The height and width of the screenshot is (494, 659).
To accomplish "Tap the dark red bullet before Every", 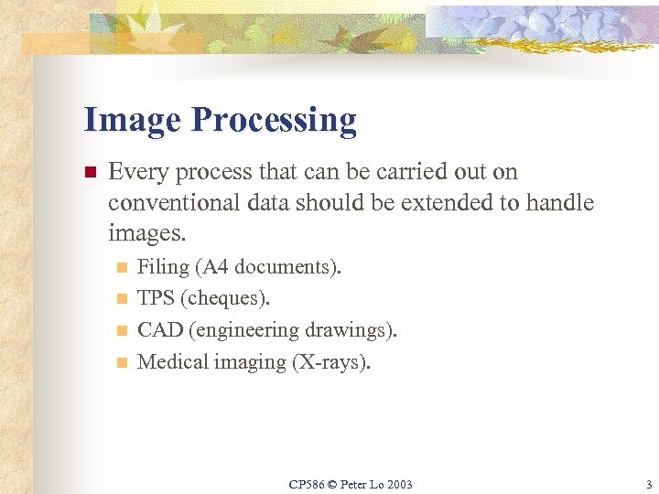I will click(x=90, y=172).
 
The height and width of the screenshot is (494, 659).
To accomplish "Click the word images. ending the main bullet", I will click(x=146, y=233).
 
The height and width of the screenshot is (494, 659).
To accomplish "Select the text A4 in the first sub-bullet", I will click(x=212, y=267).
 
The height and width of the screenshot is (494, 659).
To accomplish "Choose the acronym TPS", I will click(x=156, y=298).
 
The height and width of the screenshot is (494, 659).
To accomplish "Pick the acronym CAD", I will click(x=158, y=329).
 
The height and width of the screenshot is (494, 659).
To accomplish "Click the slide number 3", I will click(x=647, y=484).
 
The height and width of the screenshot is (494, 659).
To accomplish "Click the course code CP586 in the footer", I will click(x=307, y=484).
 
